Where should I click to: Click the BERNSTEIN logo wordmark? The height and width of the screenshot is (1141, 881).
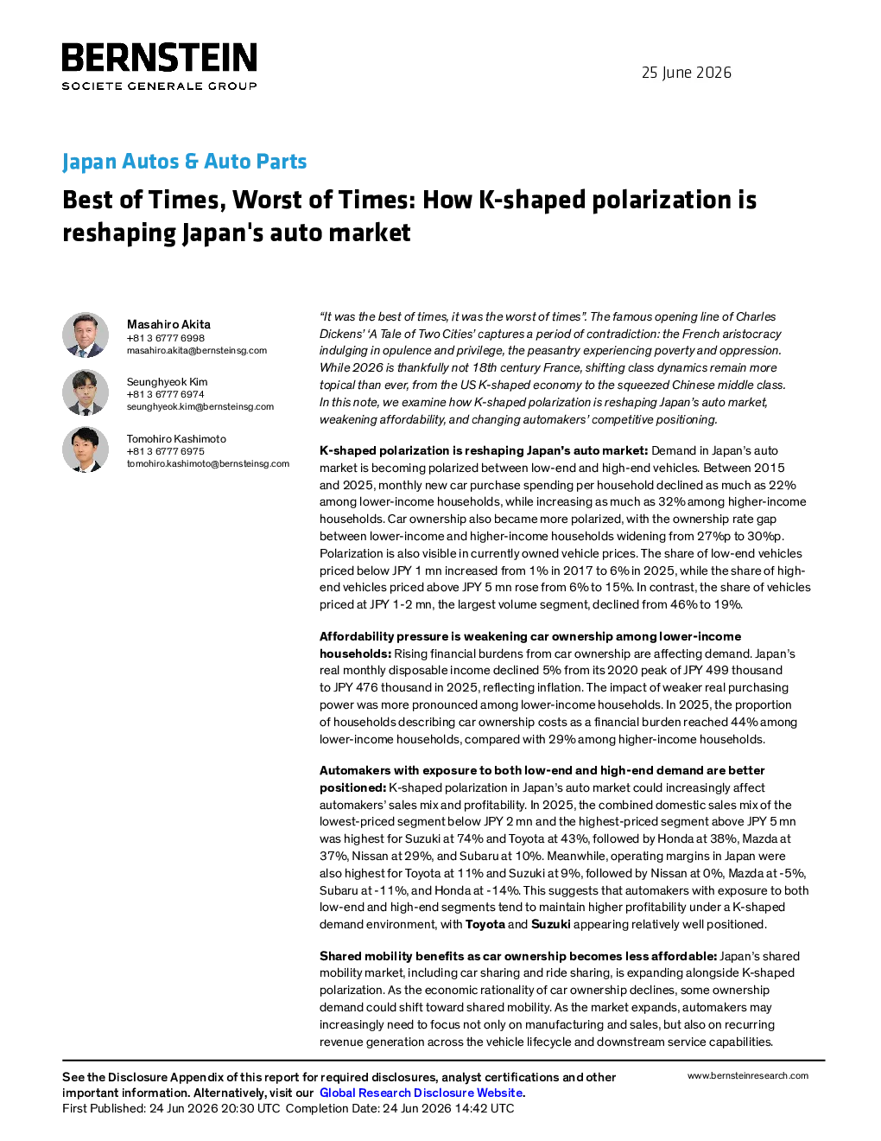coord(159,57)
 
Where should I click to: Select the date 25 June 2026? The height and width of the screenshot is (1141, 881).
coord(686,73)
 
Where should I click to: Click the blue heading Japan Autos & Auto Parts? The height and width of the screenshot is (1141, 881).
coord(184,161)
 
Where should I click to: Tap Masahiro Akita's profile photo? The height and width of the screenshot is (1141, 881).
coord(86,335)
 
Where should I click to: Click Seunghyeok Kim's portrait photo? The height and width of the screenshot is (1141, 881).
coord(86,392)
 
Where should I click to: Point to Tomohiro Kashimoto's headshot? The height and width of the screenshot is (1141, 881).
coord(86,449)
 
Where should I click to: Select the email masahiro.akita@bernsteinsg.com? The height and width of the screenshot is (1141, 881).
coord(197,350)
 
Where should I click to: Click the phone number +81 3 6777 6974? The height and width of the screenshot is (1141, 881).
coord(165,394)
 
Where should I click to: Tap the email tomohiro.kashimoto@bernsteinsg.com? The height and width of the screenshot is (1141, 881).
coord(208,463)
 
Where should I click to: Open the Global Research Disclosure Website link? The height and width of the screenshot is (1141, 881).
coord(421,1093)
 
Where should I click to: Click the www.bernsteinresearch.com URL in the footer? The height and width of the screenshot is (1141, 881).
coord(748,1075)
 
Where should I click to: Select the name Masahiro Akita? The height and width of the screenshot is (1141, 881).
coord(168,324)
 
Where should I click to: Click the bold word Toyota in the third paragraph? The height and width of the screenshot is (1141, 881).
coord(485,924)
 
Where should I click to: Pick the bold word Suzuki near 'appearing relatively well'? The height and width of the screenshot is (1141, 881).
coord(550,924)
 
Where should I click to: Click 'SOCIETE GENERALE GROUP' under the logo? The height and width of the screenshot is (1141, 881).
coord(159,86)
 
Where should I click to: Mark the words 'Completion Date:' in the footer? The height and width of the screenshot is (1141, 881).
coord(332,1108)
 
